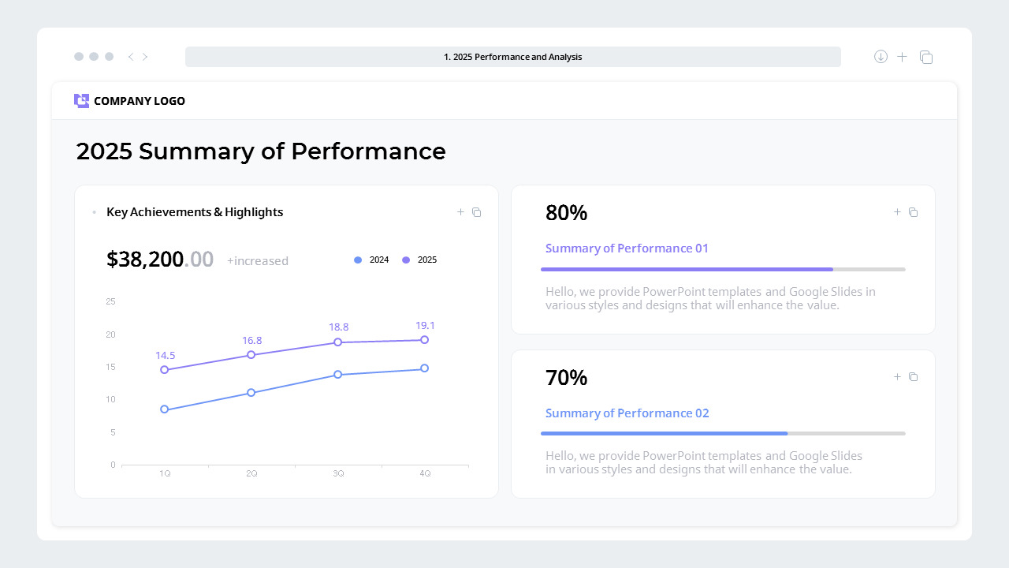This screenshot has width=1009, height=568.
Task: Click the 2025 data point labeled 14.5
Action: [x=165, y=369]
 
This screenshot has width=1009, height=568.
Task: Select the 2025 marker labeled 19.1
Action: [x=424, y=340]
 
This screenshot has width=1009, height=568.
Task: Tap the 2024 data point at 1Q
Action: [x=165, y=409]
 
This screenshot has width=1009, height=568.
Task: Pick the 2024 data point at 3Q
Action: [x=337, y=375]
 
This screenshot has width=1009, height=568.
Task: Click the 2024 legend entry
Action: [x=371, y=260]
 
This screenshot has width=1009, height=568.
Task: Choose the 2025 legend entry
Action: [x=419, y=260]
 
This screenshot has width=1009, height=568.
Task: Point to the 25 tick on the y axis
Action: [x=111, y=301]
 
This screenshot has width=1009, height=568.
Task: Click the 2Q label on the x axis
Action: [x=251, y=473]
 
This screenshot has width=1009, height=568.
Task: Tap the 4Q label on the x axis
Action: [x=425, y=473]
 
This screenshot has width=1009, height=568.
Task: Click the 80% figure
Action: [x=566, y=213]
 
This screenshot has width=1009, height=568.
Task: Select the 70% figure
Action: [x=566, y=378]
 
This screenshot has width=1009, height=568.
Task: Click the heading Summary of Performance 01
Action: [x=627, y=248]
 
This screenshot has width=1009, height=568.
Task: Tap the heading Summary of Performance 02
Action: [x=627, y=413]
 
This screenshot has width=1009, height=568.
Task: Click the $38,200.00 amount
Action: [x=160, y=260]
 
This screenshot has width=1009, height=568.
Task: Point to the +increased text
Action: [x=258, y=261]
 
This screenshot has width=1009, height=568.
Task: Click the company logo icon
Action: [x=81, y=101]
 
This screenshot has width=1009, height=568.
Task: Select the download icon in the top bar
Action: [x=881, y=57]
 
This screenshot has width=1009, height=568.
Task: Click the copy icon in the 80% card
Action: [x=914, y=212]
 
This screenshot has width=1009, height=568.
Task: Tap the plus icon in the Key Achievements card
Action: [x=460, y=212]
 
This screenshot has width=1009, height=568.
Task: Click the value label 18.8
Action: [x=338, y=327]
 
